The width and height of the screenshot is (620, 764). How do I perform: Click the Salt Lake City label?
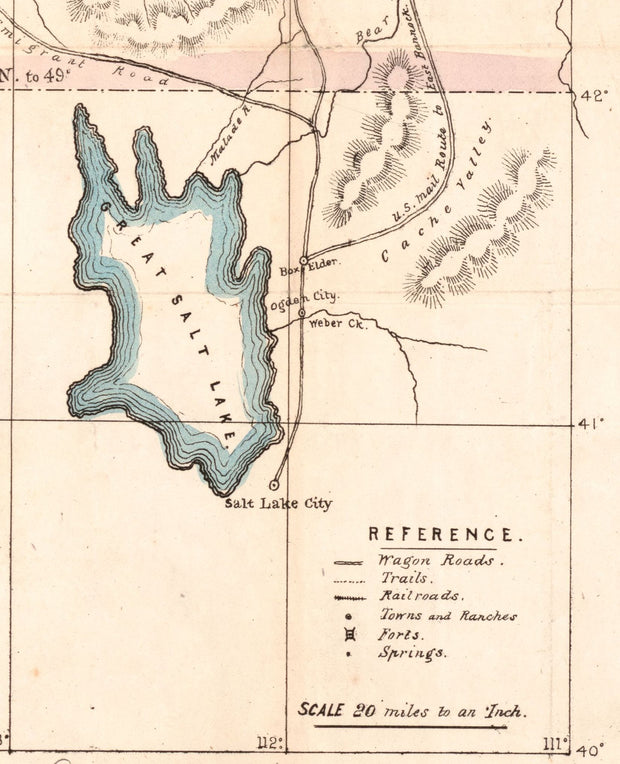tap(279, 504)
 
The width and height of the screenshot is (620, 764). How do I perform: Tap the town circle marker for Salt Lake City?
tap(274, 485)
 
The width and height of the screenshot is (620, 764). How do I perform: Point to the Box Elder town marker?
tap(304, 260)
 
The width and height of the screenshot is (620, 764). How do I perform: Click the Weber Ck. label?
tap(333, 323)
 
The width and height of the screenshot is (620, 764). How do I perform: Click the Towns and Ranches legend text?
tap(447, 616)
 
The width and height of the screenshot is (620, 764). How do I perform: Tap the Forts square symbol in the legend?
tap(348, 634)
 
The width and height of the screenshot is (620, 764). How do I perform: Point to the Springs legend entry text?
tap(411, 653)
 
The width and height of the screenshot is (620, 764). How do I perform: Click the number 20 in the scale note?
tap(364, 711)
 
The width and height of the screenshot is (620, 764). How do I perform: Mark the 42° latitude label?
tap(594, 96)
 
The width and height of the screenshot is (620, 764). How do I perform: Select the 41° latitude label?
tap(591, 424)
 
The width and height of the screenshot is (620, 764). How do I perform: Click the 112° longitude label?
tap(270, 742)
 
